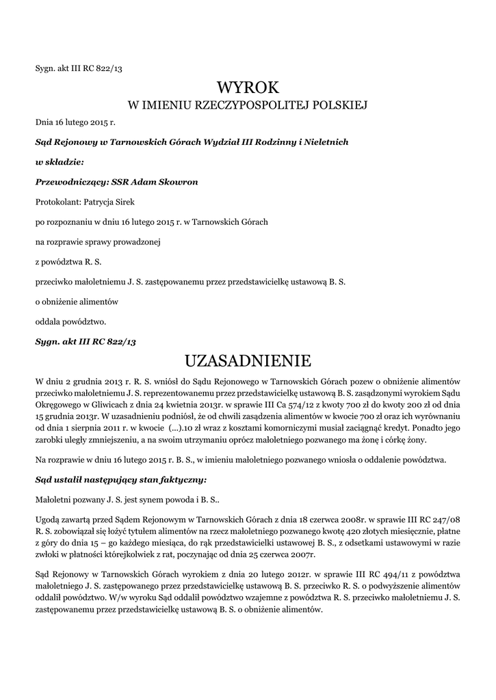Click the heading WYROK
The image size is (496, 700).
click(248, 87)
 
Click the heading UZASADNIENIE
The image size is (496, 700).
click(248, 360)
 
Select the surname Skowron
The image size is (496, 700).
click(162, 182)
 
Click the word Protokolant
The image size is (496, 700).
click(57, 202)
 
